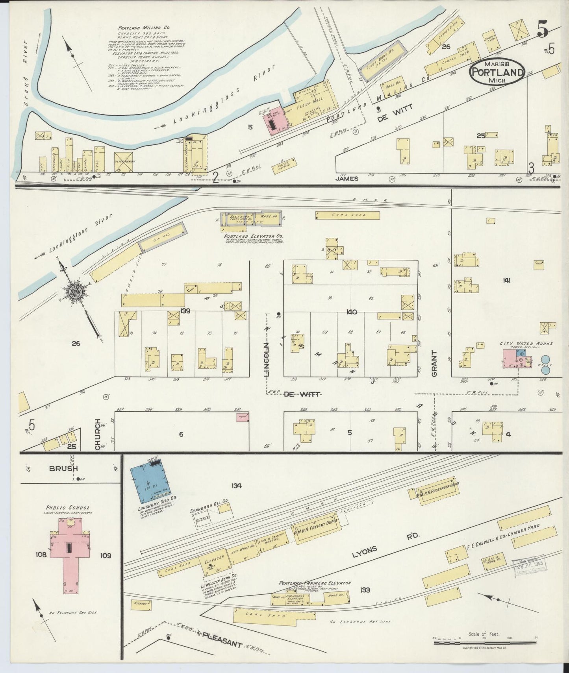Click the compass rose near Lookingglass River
click(x=74, y=292)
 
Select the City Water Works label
click(x=526, y=344)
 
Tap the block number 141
click(x=506, y=280)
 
